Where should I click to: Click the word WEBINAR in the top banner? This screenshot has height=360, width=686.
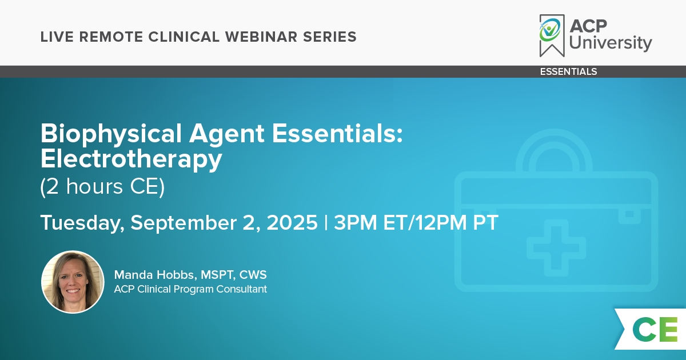(x=261, y=37)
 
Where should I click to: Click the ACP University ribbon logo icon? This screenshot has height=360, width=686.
(x=552, y=35)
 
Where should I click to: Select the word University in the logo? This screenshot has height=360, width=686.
(x=611, y=42)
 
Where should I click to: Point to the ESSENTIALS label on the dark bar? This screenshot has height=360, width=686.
(x=568, y=71)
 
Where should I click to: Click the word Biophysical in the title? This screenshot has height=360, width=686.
(x=111, y=134)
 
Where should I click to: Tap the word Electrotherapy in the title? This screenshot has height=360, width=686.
(x=131, y=159)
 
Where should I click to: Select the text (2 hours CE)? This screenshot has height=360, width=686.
(x=102, y=187)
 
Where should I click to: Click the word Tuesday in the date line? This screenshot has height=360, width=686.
(x=82, y=223)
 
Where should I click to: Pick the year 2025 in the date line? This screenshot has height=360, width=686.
(x=292, y=222)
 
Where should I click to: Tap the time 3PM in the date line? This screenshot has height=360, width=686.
(x=355, y=222)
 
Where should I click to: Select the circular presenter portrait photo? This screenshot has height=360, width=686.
(x=73, y=282)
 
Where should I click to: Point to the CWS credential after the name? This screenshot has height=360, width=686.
(x=253, y=275)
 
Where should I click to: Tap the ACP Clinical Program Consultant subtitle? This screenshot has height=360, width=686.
(x=190, y=289)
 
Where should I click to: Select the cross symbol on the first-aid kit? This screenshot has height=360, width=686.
(x=556, y=248)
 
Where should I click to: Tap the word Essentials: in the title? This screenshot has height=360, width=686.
(x=337, y=134)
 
